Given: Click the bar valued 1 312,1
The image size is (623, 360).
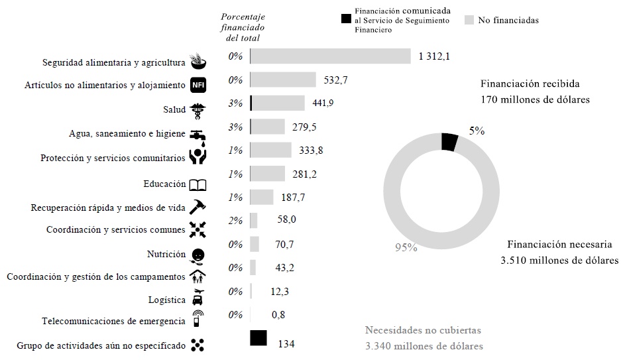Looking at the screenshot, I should coord(330,56).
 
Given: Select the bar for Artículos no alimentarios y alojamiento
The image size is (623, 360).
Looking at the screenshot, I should coord(283,80).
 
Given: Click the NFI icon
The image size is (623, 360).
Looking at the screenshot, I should coord(198,86).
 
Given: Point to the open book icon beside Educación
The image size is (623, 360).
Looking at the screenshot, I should coord(198,184).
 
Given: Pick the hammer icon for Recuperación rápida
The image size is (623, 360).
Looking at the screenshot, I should coord(198,207).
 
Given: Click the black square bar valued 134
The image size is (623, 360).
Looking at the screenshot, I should coord(258,338).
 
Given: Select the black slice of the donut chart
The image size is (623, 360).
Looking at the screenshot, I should coord(449,142).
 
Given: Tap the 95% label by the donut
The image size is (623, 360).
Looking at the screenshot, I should coord(406,248).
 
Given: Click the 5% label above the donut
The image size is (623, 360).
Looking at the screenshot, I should coord(477,131).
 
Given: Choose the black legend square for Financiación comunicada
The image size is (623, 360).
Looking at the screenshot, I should coord(345,20).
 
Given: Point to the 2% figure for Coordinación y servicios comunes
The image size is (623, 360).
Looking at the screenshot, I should coord(235,221).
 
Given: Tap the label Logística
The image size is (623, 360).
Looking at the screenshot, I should coord(166,300).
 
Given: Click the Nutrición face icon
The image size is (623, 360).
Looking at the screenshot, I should coord(198,255).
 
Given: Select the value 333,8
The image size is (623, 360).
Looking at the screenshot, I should coord(311,150).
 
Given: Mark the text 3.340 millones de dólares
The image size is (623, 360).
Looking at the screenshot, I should coord(424,346).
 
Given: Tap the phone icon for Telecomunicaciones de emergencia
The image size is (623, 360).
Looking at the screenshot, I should coord(198,319).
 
